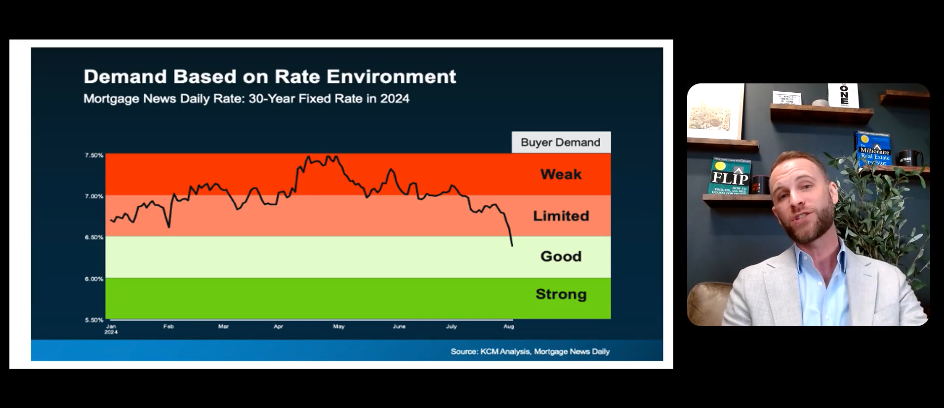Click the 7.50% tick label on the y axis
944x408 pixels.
click(x=94, y=155)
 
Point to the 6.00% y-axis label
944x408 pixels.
click(x=94, y=279)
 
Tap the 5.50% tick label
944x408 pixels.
click(x=94, y=320)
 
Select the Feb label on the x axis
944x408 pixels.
click(x=168, y=327)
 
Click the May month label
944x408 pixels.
click(x=338, y=327)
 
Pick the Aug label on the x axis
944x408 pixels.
click(x=508, y=327)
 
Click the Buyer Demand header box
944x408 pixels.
click(x=561, y=142)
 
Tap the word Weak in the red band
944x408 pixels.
click(x=561, y=174)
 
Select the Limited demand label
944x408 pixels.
click(x=561, y=216)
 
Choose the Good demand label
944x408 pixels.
click(x=561, y=256)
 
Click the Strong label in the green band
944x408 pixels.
click(x=561, y=294)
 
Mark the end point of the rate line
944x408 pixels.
click(x=512, y=245)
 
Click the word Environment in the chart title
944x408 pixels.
click(x=391, y=76)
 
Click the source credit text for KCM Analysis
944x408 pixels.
click(x=530, y=351)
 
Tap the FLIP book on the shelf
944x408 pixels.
click(x=730, y=177)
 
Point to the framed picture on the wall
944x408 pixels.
click(x=715, y=112)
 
